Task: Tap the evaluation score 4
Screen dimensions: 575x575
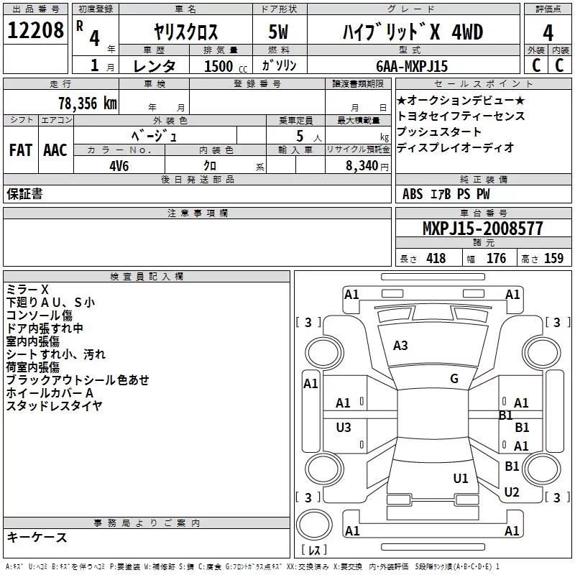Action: tap(548, 33)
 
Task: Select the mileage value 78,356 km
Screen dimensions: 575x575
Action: tap(87, 103)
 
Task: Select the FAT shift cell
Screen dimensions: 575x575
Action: tap(20, 150)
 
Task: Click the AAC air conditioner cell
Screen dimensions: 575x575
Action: tap(55, 150)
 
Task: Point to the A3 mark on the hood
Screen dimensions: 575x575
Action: tap(400, 346)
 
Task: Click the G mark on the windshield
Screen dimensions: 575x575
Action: tap(454, 379)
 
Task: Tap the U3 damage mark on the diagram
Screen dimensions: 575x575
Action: tap(344, 428)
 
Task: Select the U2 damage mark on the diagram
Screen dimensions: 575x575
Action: tap(512, 492)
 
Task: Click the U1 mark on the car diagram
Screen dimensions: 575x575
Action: tap(461, 478)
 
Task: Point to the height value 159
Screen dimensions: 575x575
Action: tap(553, 259)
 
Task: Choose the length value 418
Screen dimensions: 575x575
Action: tap(436, 259)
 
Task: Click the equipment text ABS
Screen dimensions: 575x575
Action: tap(413, 194)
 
